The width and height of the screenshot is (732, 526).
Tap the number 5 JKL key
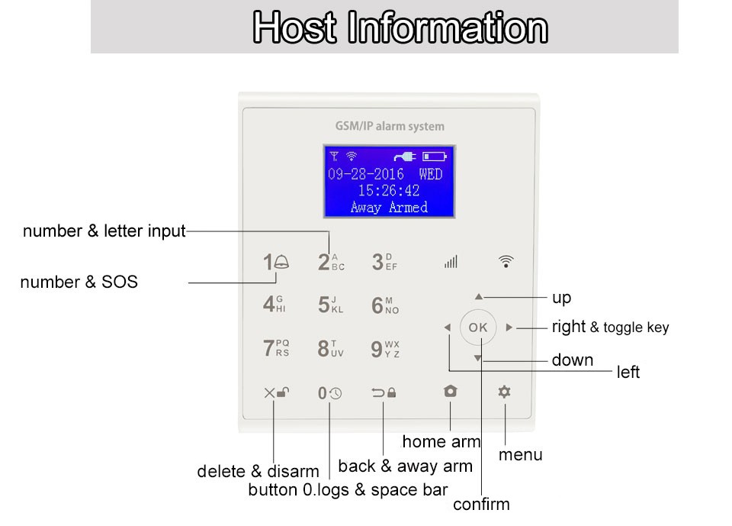[x=330, y=305]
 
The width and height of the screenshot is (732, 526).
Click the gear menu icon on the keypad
[x=504, y=392]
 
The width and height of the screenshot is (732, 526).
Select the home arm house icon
[x=451, y=391]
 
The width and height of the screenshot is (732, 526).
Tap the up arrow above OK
[x=479, y=296]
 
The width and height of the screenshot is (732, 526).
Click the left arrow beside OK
[x=448, y=328]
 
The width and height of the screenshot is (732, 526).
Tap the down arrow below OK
[x=477, y=358]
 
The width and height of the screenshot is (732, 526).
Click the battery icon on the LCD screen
[x=435, y=157]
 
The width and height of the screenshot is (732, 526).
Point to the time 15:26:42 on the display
[x=389, y=190]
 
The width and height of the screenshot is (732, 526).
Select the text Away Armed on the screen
[x=389, y=207]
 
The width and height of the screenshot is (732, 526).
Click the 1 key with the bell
[x=276, y=262]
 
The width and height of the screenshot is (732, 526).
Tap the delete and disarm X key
[x=276, y=392]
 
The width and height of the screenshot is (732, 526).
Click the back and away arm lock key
[x=384, y=392]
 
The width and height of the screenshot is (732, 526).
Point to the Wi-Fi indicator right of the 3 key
[x=506, y=261]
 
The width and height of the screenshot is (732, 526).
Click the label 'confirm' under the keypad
[x=481, y=504]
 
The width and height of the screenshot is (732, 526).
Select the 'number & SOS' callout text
[x=79, y=282]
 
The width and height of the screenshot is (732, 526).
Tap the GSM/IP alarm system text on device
[x=390, y=126]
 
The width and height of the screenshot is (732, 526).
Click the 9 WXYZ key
[x=385, y=349]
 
